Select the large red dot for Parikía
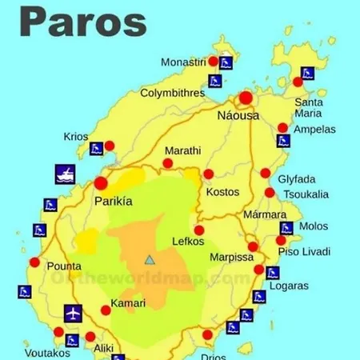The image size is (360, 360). (x=101, y=182)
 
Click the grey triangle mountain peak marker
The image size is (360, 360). (x=149, y=259)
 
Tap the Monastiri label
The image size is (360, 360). (x=183, y=61)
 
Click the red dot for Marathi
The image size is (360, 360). (x=168, y=163)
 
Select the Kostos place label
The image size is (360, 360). (x=222, y=192)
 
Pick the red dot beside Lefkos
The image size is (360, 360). (x=199, y=230)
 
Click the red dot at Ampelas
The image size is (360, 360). (x=282, y=128)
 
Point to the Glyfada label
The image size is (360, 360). (x=297, y=178)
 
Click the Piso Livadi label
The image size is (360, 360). (x=304, y=252)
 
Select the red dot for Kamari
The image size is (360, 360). (x=106, y=310)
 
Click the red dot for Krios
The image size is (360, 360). (x=110, y=146)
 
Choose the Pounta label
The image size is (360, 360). (x=64, y=266)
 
